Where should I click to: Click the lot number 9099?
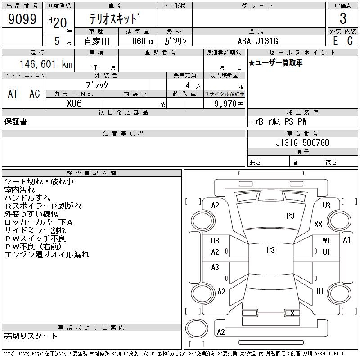pyautogui.click(x=22, y=19)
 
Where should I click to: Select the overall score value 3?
pyautogui.click(x=343, y=19)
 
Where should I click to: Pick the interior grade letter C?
pyautogui.click(x=350, y=40)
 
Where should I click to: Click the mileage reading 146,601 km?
pyautogui.click(x=45, y=64)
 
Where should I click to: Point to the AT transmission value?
pyautogui.click(x=13, y=94)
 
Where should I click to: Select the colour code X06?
pyautogui.click(x=74, y=103)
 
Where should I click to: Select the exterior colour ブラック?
pyautogui.click(x=97, y=84)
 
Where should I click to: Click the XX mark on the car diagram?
pyautogui.click(x=318, y=224)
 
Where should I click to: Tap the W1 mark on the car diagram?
pyautogui.click(x=326, y=241)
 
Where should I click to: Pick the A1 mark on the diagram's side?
pyautogui.click(x=346, y=240)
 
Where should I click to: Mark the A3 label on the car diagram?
pyautogui.click(x=215, y=267)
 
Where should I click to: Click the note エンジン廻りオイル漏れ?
pyautogui.click(x=47, y=255)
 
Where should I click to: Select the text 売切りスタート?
pyautogui.click(x=31, y=336)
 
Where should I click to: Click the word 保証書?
pyautogui.click(x=15, y=121)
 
